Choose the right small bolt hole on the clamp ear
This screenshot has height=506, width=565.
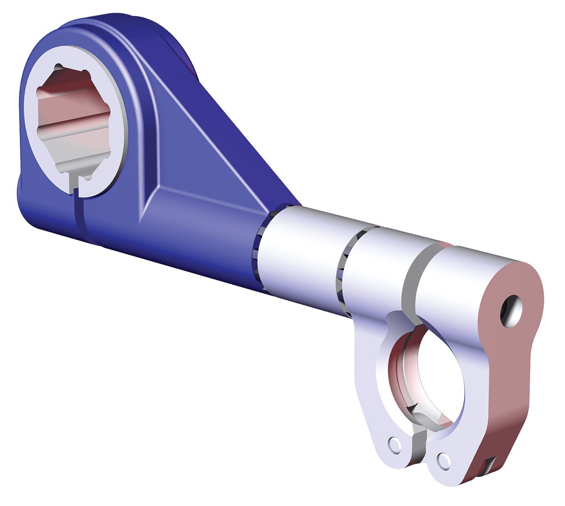[x=444, y=458]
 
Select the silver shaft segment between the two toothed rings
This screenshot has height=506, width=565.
[x=301, y=254]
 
